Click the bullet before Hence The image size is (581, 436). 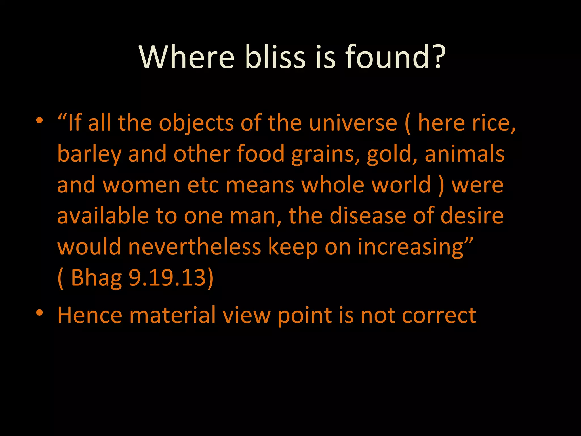tap(39, 313)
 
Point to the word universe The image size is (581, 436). tap(353, 123)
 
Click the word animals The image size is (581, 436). tap(464, 154)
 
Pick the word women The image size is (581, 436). tap(142, 185)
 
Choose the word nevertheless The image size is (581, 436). tap(195, 247)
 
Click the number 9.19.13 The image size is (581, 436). tap(167, 277)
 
